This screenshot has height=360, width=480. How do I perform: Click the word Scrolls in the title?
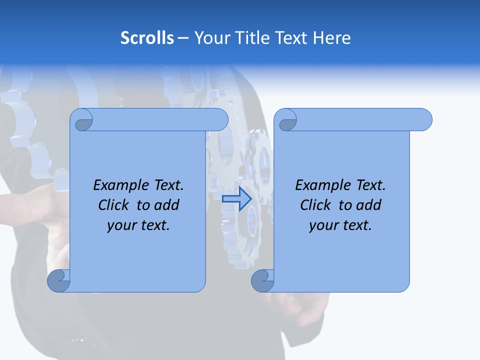click(x=147, y=38)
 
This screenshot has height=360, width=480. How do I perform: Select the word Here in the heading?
click(x=331, y=38)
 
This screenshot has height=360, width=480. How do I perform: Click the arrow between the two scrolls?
click(x=237, y=199)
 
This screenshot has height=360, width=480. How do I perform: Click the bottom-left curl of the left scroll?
click(x=58, y=280)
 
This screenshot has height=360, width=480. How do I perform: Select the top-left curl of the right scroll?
click(x=286, y=120)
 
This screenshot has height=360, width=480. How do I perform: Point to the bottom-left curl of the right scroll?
click(x=262, y=280)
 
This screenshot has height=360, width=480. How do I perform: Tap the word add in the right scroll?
click(x=369, y=205)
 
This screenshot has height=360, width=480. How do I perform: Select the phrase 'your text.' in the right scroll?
click(x=340, y=226)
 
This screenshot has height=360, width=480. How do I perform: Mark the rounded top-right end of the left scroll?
click(x=220, y=120)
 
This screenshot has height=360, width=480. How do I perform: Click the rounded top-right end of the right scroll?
click(x=424, y=120)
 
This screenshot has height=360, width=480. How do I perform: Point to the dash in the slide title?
click(x=183, y=38)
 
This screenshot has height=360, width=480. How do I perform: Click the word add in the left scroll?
click(x=167, y=205)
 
